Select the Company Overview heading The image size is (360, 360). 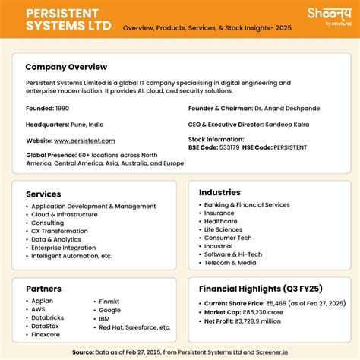tap(66, 67)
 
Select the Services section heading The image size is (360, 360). tap(43, 194)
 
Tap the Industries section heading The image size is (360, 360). tap(219, 192)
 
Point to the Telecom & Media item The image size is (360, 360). tap(230, 262)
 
